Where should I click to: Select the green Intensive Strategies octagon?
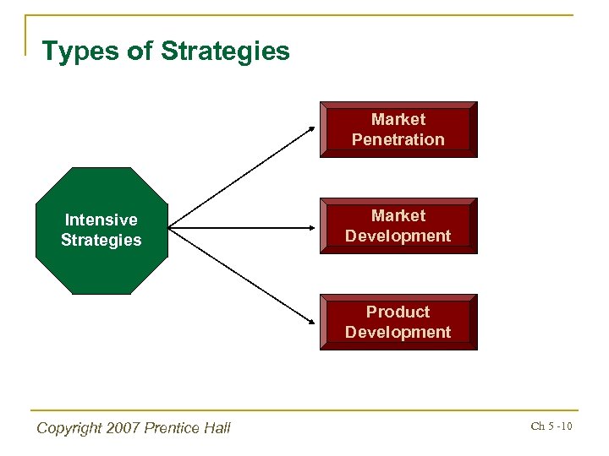point(101,231)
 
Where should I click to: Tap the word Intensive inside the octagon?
point(101,220)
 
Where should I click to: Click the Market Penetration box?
point(398,130)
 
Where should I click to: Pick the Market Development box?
point(398,226)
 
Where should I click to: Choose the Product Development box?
point(398,323)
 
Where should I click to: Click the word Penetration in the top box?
point(398,140)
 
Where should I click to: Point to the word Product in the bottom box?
point(398,312)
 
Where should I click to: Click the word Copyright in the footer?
point(70,428)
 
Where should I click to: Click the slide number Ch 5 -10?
point(551,426)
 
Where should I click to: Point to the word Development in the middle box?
point(398,236)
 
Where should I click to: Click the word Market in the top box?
point(398,120)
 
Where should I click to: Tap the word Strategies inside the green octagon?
point(101,240)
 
